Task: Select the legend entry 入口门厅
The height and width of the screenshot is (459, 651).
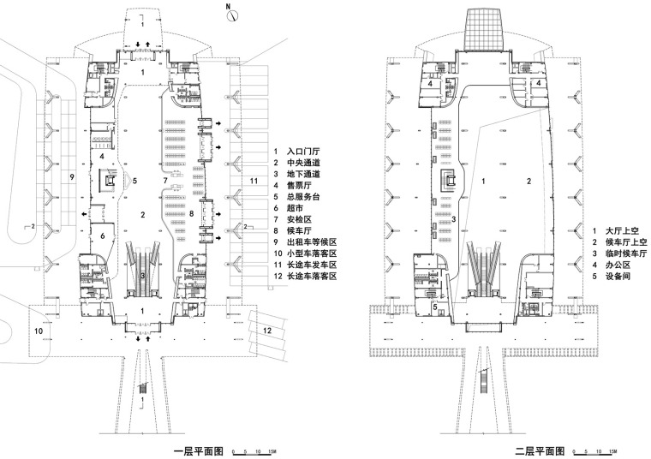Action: [303, 150]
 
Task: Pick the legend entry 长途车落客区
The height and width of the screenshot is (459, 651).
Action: [314, 277]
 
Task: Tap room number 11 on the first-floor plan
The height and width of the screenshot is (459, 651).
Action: [254, 182]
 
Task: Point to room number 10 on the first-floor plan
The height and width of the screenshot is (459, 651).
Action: [39, 330]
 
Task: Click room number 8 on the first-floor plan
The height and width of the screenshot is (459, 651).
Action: [192, 212]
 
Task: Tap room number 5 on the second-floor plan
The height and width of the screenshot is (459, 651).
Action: [434, 304]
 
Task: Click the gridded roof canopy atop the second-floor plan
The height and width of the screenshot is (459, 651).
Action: [485, 30]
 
